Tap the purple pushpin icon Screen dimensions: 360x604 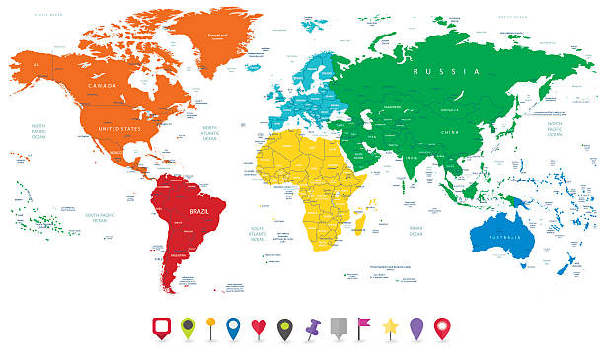[x=313, y=327]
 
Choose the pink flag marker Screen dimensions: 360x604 [x=364, y=326]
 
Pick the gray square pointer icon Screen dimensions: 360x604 [x=339, y=327]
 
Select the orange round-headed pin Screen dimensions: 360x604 [x=209, y=327]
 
